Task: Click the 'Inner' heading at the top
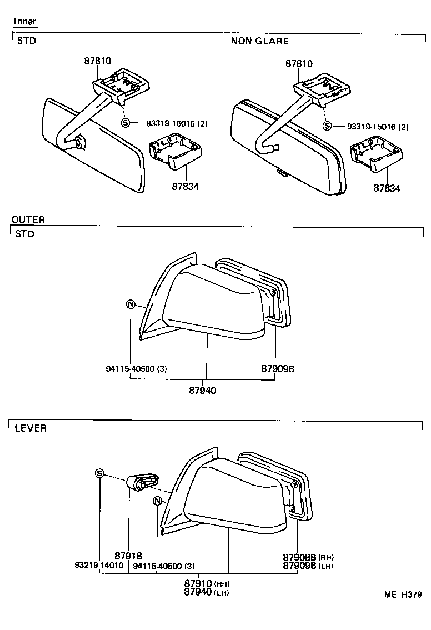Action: pos(25,22)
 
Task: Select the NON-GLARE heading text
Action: pos(260,41)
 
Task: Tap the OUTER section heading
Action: pos(28,220)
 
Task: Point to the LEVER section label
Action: pos(31,428)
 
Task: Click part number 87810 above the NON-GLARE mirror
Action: pos(299,64)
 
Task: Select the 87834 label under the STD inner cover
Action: pos(185,187)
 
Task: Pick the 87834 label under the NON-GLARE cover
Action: pos(387,188)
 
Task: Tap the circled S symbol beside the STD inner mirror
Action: pos(125,123)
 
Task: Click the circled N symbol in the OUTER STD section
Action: pos(131,304)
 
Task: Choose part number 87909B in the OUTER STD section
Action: pos(278,368)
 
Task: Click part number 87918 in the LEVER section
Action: pos(128,556)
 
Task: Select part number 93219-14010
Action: pos(98,566)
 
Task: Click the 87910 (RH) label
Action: pos(207,584)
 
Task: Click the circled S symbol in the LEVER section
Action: pos(99,473)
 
